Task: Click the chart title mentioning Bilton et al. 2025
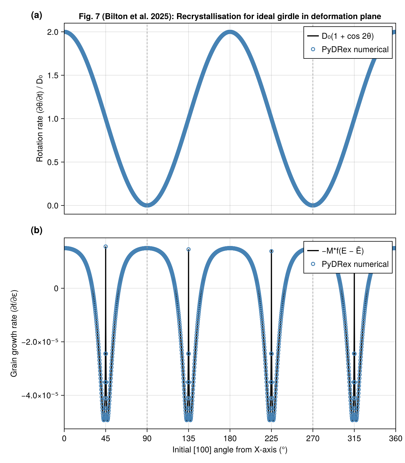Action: [x=230, y=16]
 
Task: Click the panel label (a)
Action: [x=36, y=15]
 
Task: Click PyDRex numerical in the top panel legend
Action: [x=355, y=49]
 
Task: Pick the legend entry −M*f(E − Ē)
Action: [x=343, y=251]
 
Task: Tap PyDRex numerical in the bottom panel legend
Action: [x=355, y=264]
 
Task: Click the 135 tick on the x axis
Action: [x=188, y=439]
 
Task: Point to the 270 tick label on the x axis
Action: [x=313, y=439]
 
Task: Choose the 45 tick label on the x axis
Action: [x=106, y=439]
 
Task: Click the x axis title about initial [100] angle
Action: [x=230, y=450]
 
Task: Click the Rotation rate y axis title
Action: [x=40, y=119]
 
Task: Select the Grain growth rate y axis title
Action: [x=14, y=333]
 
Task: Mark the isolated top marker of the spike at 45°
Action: [x=106, y=247]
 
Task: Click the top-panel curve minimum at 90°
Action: [x=147, y=205]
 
